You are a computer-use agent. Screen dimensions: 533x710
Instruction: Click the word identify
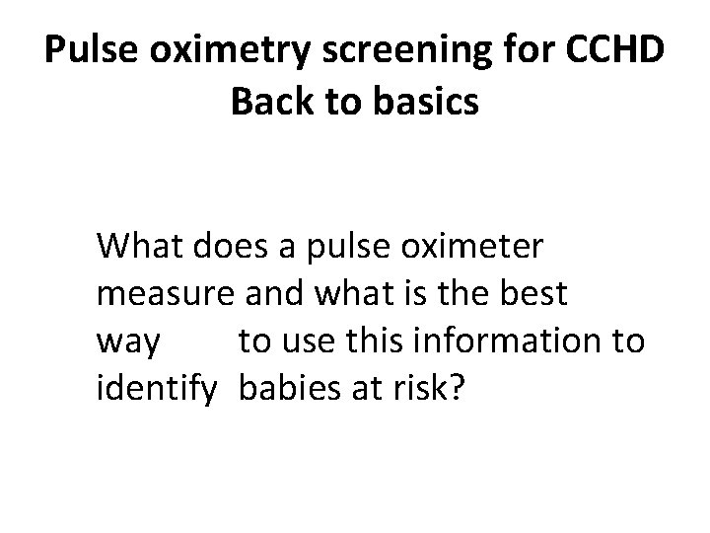[157, 390]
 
